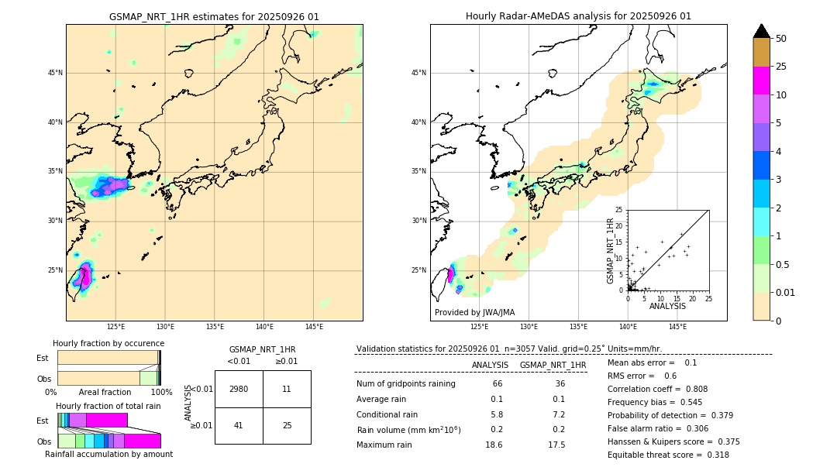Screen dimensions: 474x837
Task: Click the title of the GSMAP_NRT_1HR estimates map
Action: [x=214, y=16]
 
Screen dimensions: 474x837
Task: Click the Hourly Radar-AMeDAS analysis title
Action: [x=578, y=16]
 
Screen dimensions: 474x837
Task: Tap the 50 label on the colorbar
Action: [x=781, y=39]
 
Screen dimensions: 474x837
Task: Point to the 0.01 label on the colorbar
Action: [x=786, y=292]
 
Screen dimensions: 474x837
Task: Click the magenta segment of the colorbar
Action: [x=761, y=81]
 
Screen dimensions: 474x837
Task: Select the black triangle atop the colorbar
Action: [x=761, y=31]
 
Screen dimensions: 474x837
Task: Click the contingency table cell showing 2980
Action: [x=239, y=389]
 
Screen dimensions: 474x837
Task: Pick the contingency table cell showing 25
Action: [x=287, y=425]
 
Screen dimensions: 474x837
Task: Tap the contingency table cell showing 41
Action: [x=239, y=425]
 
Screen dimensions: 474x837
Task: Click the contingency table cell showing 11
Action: [x=287, y=389]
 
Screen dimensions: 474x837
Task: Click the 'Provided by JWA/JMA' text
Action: [x=474, y=313]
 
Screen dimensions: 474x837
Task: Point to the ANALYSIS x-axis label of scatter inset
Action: [x=667, y=306]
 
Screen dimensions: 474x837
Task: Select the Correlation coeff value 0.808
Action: [x=711, y=389]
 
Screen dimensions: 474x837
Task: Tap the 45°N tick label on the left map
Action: [x=55, y=73]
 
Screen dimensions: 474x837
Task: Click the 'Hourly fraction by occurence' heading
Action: [x=108, y=343]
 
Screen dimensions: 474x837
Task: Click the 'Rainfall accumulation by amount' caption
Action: [x=108, y=454]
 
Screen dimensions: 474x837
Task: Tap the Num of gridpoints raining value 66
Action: [x=497, y=383]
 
